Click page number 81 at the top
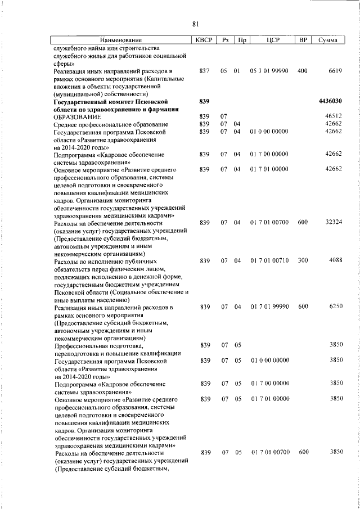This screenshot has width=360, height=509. tap(196, 24)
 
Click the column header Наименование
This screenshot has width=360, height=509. tap(121, 40)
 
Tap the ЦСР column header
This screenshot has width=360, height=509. tap(269, 40)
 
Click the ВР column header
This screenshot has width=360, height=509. tap(303, 40)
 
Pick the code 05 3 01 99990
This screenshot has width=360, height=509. tap(269, 71)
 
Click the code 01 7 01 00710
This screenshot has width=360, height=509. tap(270, 260)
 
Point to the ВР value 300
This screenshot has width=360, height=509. tap(303, 260)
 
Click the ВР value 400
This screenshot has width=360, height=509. tap(303, 71)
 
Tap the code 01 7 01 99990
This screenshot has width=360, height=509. tap(270, 307)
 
